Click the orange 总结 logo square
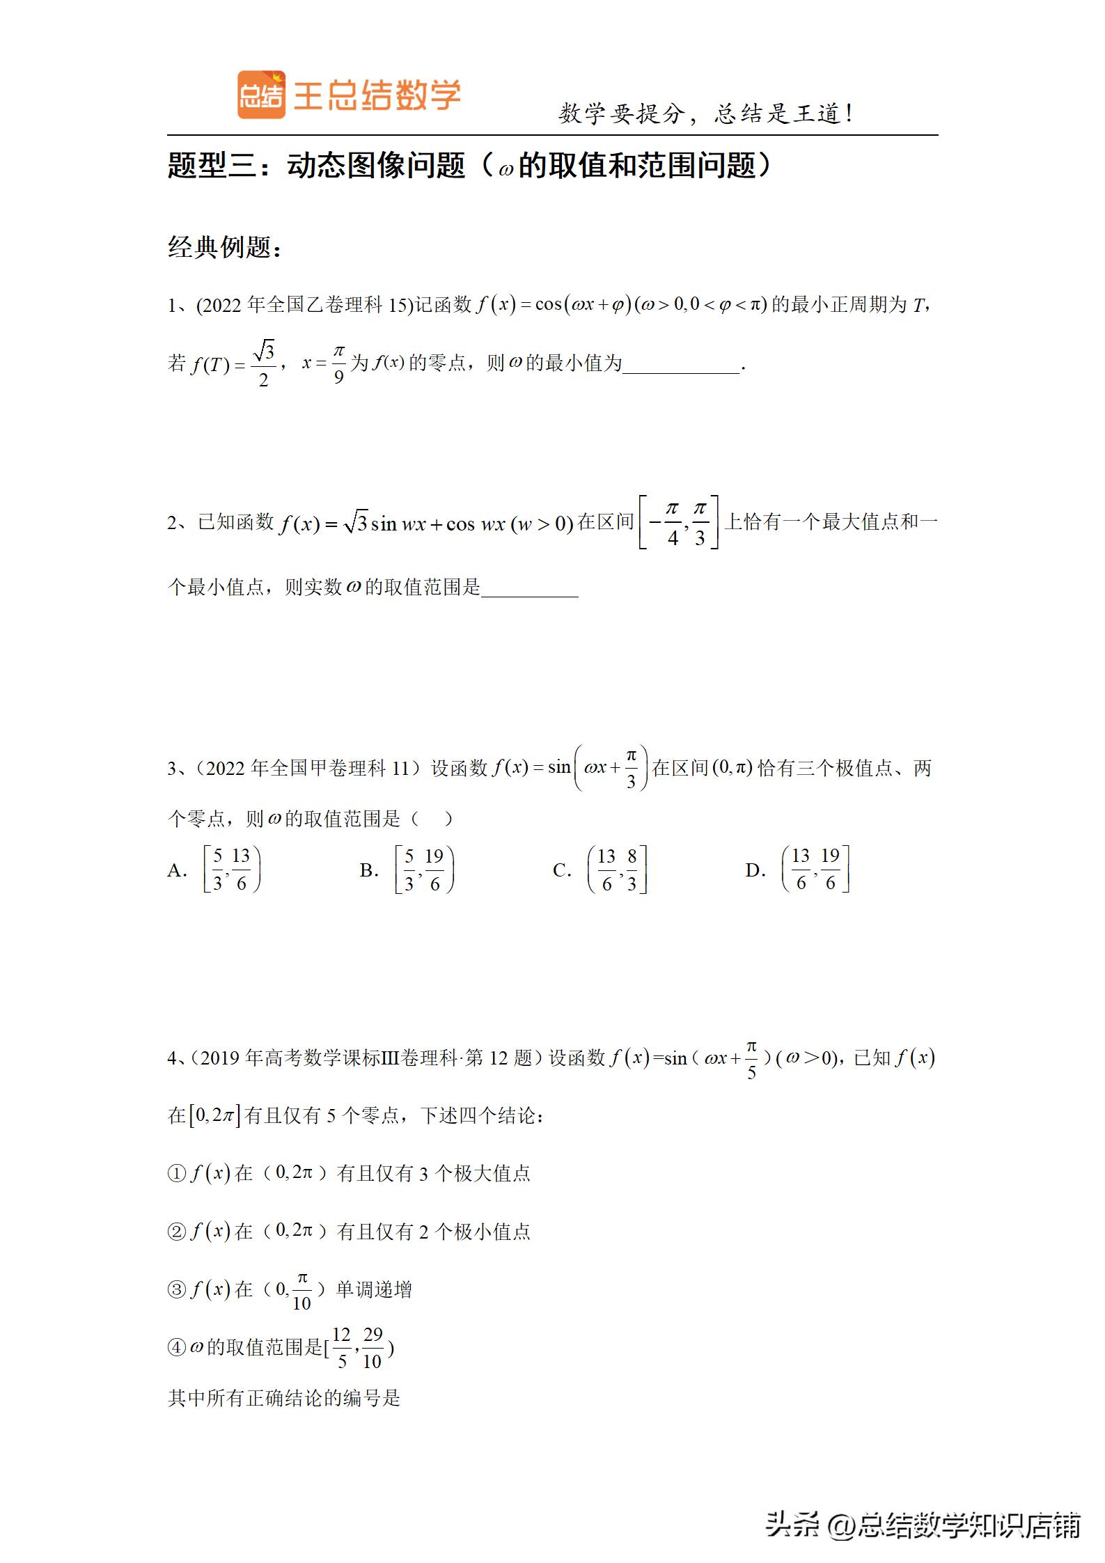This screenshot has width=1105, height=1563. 261,95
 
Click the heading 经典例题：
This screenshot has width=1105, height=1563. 224,247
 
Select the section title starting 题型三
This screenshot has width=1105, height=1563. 469,166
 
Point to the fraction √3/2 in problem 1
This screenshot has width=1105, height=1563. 264,364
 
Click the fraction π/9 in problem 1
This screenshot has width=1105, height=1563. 338,364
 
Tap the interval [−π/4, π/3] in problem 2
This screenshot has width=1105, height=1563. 679,522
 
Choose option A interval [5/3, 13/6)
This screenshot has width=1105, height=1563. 232,870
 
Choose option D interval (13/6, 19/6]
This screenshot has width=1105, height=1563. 815,870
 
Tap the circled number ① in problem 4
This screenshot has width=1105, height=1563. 176,1174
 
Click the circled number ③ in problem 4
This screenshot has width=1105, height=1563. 176,1290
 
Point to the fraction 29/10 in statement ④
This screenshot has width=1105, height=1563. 373,1348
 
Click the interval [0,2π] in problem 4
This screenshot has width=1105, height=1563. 214,1115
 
